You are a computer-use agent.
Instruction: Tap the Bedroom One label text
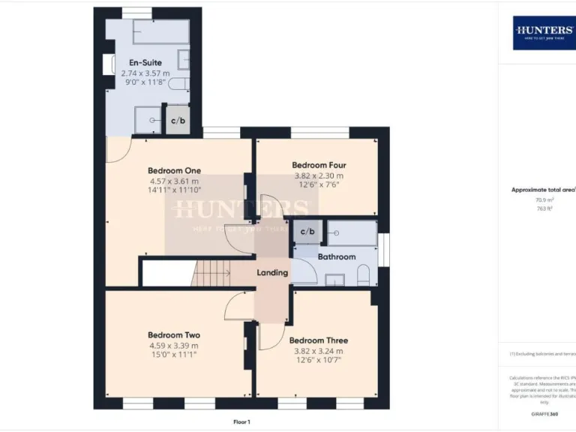pos(174,170)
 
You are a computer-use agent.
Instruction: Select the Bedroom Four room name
pos(319,165)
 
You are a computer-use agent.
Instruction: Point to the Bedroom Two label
pos(174,335)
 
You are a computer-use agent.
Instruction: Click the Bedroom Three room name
pos(319,340)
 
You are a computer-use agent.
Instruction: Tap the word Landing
pos(272,272)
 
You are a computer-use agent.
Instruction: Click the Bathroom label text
pos(336,256)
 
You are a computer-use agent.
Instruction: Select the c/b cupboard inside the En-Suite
pos(178,121)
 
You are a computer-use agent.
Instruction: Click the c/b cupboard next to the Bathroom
pos(307,232)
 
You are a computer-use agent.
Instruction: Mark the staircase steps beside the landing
pos(211,272)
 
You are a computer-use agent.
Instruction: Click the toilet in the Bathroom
pos(364,277)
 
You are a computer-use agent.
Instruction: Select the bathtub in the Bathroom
pos(351,233)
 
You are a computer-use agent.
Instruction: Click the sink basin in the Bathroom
pos(335,280)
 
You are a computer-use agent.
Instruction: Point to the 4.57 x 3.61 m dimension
pos(174,181)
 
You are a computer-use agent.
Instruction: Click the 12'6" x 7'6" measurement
pos(319,185)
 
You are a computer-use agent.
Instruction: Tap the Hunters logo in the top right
pos(544,33)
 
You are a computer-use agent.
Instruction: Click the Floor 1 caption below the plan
pos(241,422)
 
